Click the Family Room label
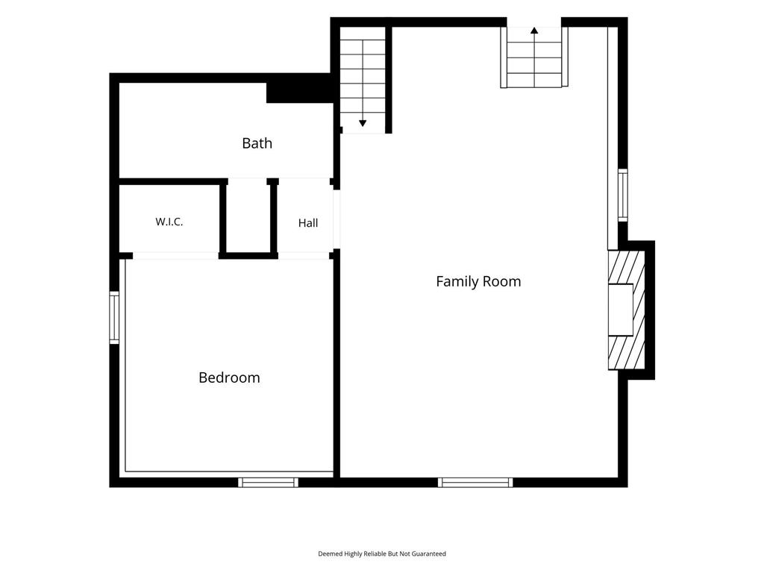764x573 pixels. [x=478, y=281]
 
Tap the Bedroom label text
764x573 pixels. [x=229, y=378]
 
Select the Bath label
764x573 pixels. [x=257, y=143]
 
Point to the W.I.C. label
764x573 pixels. [x=169, y=222]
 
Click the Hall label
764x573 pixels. [x=308, y=223]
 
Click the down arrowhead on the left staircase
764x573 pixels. [x=363, y=123]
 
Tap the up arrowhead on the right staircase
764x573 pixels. [x=534, y=30]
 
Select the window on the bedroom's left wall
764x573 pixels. [x=114, y=318]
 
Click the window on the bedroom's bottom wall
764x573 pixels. [x=268, y=483]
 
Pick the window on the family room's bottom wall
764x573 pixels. [x=475, y=483]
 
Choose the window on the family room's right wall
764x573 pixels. [x=623, y=195]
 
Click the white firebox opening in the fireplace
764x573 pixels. [x=620, y=310]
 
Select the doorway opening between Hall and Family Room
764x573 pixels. [x=336, y=219]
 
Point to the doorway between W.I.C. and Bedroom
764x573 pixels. [x=175, y=256]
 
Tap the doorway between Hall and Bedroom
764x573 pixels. [x=304, y=256]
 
